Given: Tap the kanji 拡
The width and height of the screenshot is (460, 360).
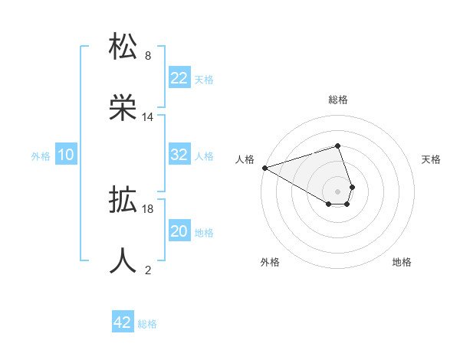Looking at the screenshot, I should (123, 201).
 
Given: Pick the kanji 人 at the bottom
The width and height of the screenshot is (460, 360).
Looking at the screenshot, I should (123, 260).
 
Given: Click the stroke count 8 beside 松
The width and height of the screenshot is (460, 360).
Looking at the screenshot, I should (148, 55).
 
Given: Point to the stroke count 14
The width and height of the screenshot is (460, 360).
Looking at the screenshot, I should (148, 117).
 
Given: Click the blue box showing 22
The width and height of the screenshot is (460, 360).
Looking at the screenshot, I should (179, 78).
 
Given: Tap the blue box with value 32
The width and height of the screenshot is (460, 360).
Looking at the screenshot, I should (179, 155).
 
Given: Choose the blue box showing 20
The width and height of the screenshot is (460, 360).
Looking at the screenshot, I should (179, 231).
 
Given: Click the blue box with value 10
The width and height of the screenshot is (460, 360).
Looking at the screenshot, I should (66, 155).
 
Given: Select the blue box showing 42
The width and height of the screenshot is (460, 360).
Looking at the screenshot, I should (123, 322).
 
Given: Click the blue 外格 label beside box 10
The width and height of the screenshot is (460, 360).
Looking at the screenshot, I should (41, 155).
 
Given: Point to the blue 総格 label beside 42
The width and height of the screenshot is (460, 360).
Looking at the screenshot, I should (147, 323).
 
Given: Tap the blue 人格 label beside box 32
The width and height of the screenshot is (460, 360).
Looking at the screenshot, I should (204, 155).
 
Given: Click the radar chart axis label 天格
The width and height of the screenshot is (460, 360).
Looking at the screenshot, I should (431, 159).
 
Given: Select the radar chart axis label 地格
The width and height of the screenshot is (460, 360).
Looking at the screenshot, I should (402, 262).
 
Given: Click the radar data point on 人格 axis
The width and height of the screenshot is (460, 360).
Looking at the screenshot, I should (264, 167).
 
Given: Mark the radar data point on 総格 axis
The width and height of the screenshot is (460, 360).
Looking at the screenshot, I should (337, 146).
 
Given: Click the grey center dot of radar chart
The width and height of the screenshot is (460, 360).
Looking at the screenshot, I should (337, 191).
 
